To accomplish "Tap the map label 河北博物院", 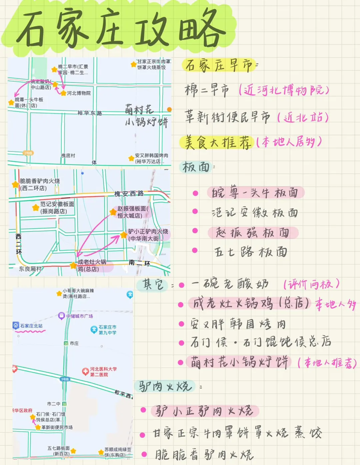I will click(79, 93).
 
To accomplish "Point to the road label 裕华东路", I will click(90, 113).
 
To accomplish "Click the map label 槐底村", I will click(68, 156).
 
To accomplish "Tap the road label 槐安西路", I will click(129, 194).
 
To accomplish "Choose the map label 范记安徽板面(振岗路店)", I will click(57, 208).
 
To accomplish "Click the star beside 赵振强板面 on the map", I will click(113, 212).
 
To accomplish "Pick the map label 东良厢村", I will click(30, 269).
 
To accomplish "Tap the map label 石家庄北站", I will click(31, 326).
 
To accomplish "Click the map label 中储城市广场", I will click(79, 316).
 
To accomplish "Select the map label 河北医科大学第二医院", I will click(103, 372).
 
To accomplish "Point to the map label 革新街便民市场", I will click(57, 427).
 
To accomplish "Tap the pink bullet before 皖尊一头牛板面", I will click(195, 193).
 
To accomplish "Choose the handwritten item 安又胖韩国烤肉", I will click(238, 324).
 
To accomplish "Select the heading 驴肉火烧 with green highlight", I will click(165, 386).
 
